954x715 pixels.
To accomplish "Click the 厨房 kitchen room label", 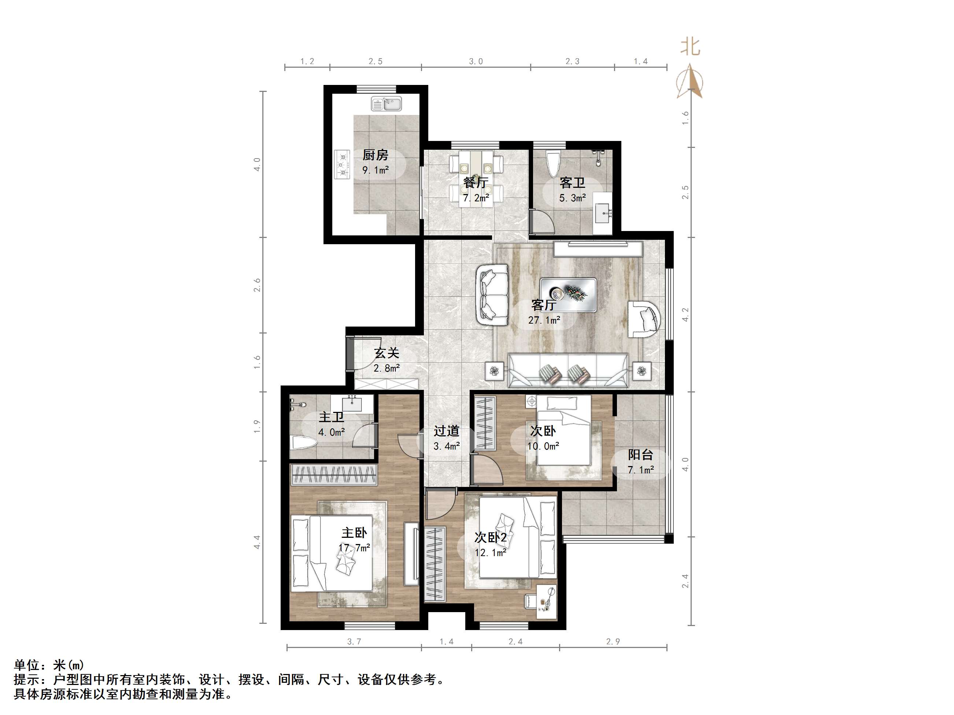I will tap(375, 155).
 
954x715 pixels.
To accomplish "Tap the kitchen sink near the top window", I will tap(387, 104).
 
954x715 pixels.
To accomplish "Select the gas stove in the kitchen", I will tap(343, 164).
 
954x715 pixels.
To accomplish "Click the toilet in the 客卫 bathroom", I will tap(552, 163).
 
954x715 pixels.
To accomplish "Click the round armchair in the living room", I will tap(644, 319).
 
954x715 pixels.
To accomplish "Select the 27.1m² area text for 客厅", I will tap(544, 320).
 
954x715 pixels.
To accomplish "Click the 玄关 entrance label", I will tap(387, 353).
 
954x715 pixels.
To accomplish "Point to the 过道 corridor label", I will tap(446, 431).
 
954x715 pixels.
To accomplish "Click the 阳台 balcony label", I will tap(640, 455).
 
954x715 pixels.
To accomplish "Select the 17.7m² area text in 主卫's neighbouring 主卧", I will tap(354, 548).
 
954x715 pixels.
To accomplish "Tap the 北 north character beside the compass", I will tap(690, 46).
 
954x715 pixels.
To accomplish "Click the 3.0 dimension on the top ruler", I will tap(476, 62).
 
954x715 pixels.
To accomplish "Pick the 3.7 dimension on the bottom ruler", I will tap(354, 642).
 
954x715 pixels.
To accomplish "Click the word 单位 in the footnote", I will tap(27, 665).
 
